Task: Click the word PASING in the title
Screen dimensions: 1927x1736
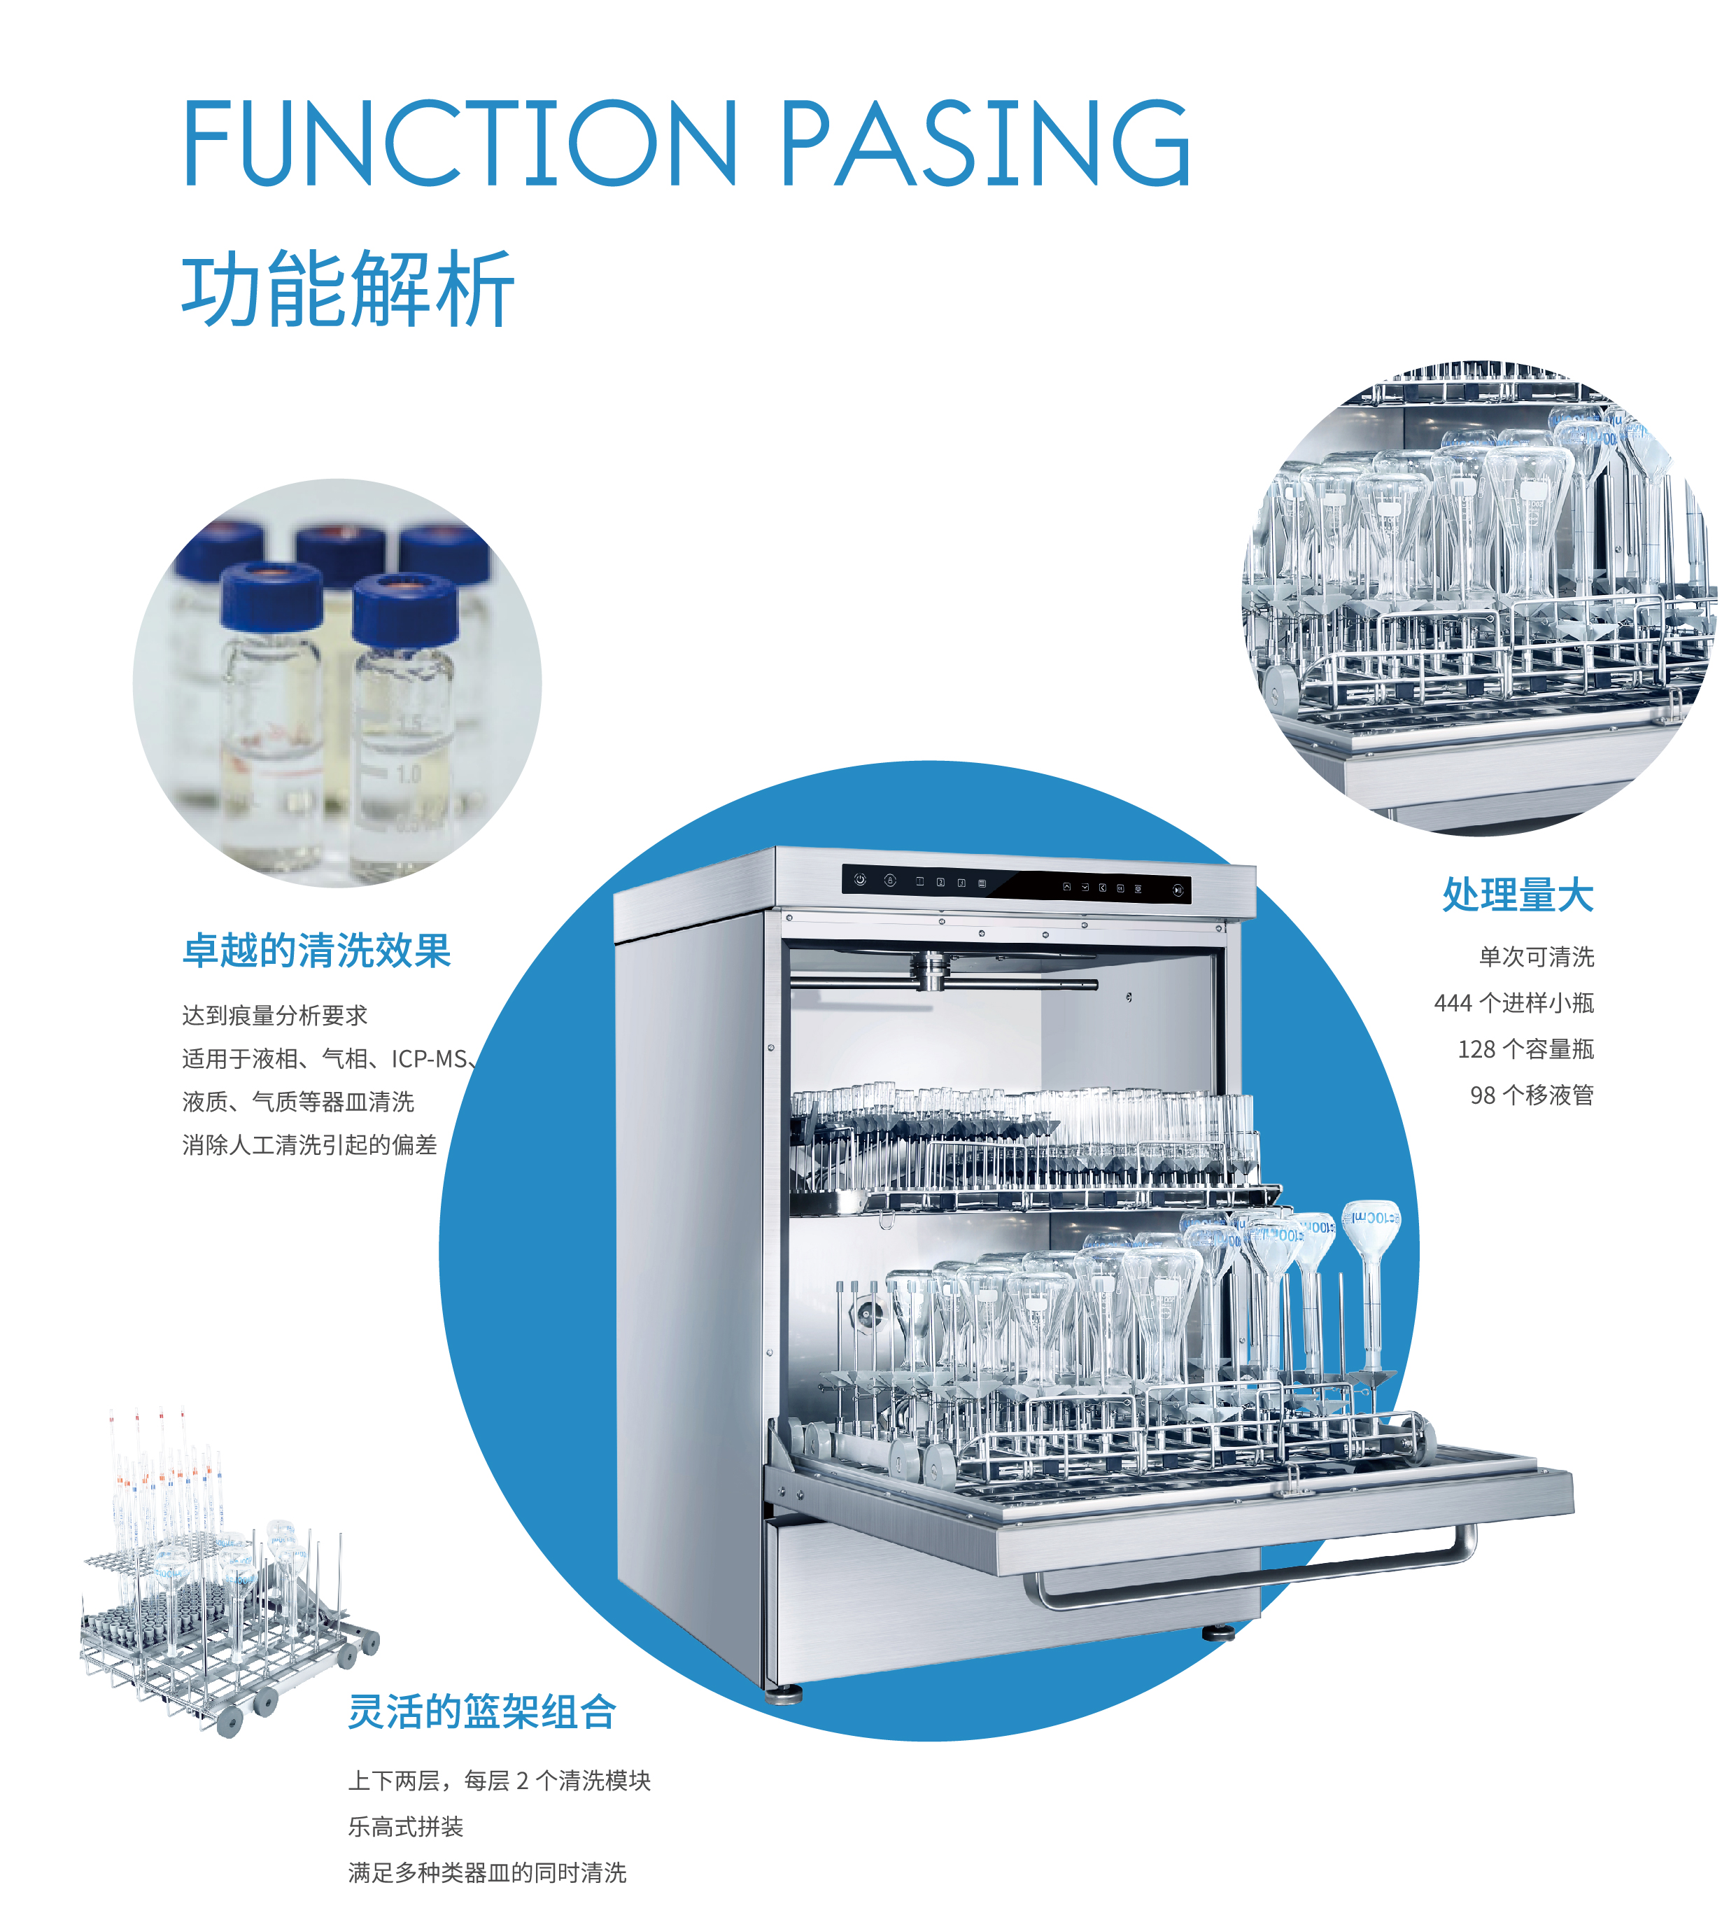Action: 987,143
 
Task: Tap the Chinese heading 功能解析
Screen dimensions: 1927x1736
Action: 348,289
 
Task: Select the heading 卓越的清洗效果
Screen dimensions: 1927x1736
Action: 317,951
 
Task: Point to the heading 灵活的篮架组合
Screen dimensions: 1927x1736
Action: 481,1711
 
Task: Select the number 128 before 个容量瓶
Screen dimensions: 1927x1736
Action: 1476,1049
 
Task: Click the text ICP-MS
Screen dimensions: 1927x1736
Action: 429,1059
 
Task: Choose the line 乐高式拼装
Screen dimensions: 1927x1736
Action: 405,1826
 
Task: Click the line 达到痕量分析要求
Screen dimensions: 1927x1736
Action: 275,1015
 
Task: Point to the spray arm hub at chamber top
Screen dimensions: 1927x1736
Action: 931,971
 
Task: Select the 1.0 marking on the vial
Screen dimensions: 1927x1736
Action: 408,775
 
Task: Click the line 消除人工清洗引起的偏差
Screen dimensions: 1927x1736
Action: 309,1144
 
